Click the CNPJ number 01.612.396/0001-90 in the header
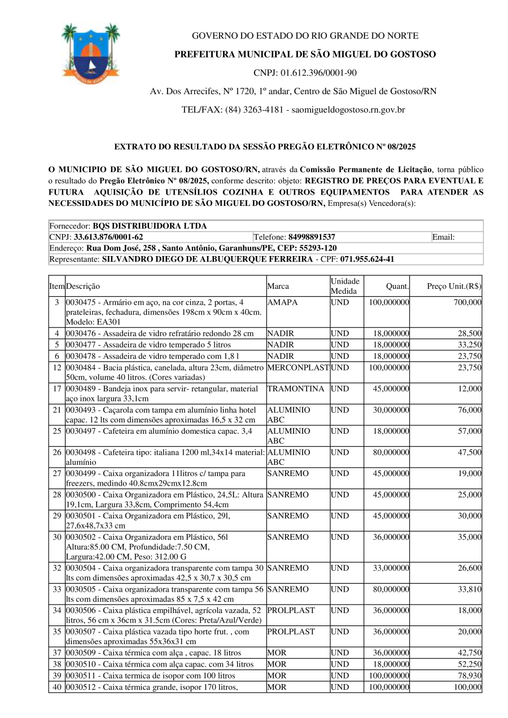tap(320, 73)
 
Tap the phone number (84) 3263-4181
tap(254, 110)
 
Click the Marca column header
tap(278, 287)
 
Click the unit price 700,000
tap(468, 302)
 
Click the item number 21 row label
tap(57, 410)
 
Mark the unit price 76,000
tap(470, 410)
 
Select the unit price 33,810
tap(470, 589)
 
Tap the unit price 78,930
tap(470, 676)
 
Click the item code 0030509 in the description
tap(82, 653)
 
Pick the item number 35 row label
tap(57, 632)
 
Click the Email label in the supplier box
tap(444, 237)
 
